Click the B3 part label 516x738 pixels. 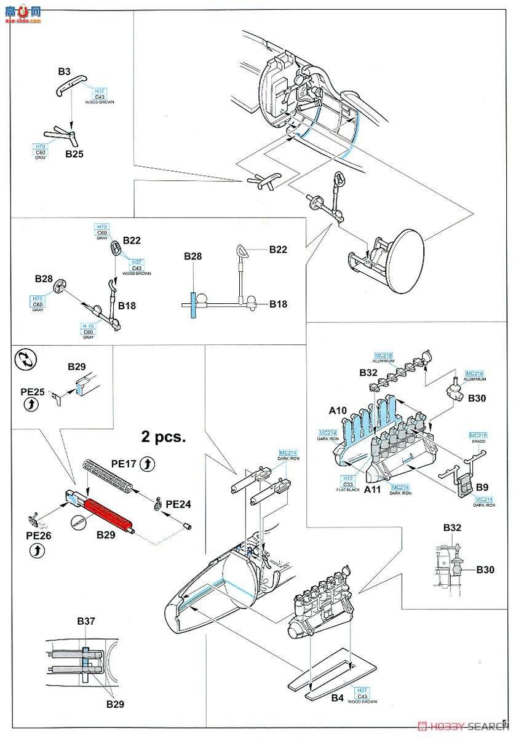click(65, 72)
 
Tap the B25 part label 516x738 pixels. click(74, 154)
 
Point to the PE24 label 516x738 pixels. click(178, 504)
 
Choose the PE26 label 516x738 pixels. click(38, 536)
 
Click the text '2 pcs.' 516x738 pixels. click(164, 437)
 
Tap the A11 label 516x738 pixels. click(373, 490)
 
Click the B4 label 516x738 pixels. click(337, 698)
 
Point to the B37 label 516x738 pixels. click(86, 621)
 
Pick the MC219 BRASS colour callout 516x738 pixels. click(478, 438)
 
